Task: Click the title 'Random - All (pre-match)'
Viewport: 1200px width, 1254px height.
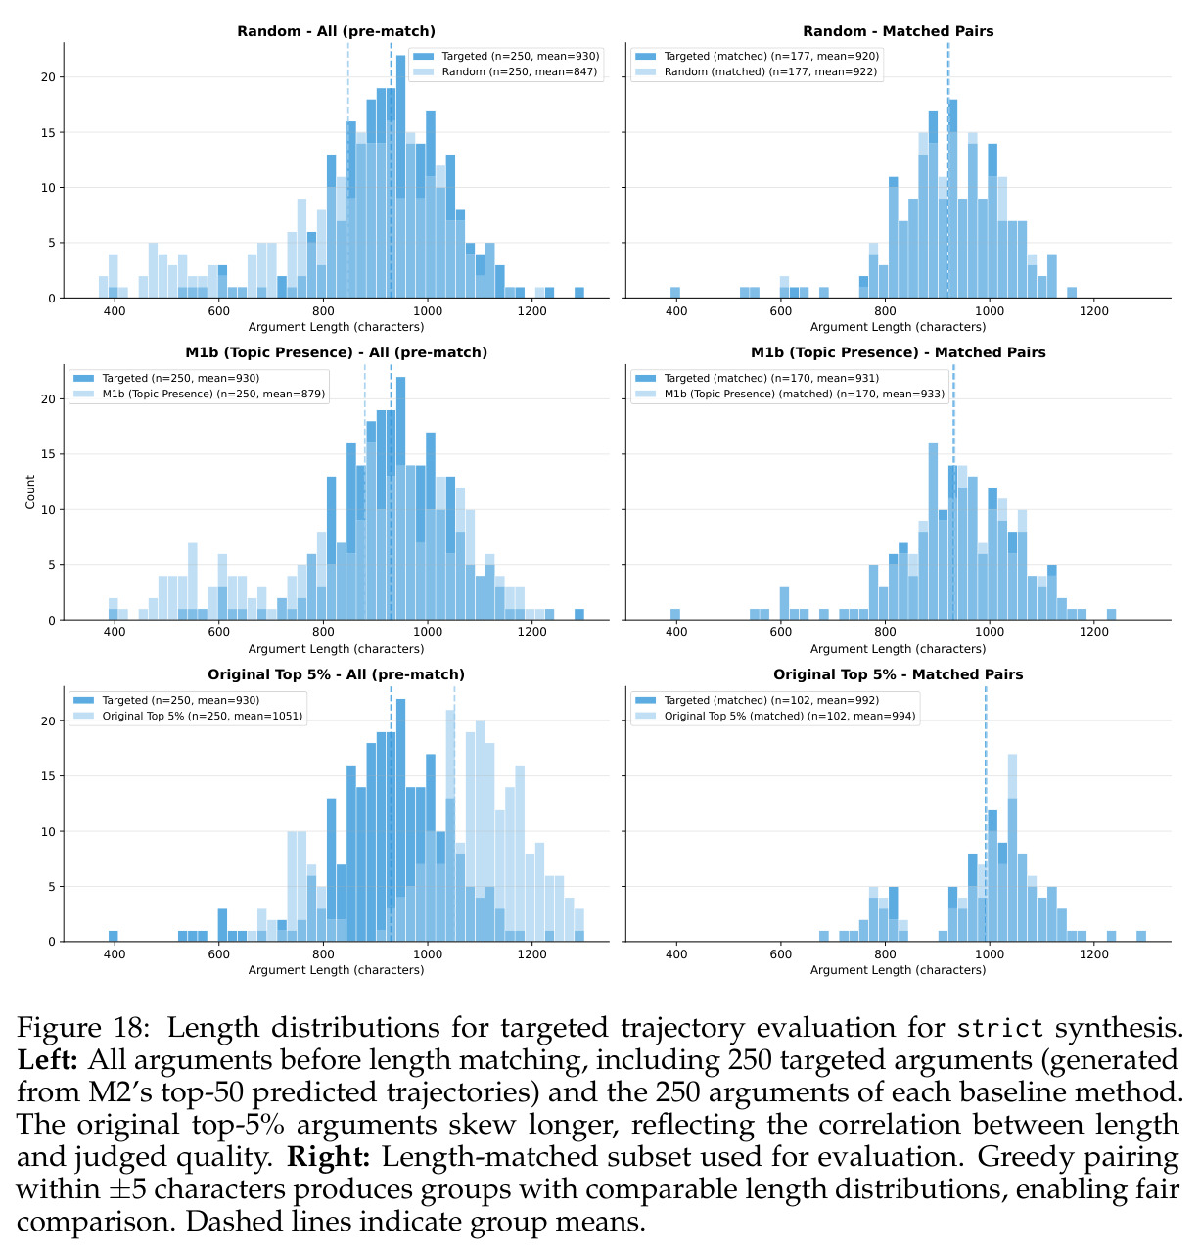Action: point(336,31)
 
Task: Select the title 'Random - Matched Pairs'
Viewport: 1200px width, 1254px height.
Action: point(898,31)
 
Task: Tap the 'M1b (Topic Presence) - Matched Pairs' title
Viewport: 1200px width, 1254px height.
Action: point(898,352)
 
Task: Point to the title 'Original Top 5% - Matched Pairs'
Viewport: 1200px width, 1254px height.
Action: point(898,674)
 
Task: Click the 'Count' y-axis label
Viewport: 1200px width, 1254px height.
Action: point(30,491)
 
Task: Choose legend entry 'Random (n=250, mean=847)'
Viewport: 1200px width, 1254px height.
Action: point(519,71)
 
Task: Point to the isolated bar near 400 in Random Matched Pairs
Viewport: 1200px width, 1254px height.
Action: point(675,293)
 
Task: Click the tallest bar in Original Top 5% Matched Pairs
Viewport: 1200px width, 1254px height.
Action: point(1012,848)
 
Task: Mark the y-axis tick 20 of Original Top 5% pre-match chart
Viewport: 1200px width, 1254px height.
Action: point(48,721)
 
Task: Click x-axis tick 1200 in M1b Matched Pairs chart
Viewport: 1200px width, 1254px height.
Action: point(1093,632)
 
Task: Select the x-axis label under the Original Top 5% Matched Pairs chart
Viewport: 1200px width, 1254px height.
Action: point(898,970)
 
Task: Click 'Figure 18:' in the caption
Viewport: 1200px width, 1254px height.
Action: point(83,1027)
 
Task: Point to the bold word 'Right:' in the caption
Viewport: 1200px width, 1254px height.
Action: point(329,1156)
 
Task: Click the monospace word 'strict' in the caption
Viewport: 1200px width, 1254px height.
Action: point(999,1027)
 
